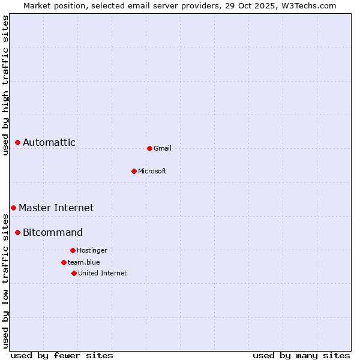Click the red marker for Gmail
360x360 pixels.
pyautogui.click(x=149, y=148)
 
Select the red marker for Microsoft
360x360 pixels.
pyautogui.click(x=134, y=171)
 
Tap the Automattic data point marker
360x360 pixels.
pyautogui.click(x=18, y=142)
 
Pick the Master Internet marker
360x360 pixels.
pyautogui.click(x=13, y=208)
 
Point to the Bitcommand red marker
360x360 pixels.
pyautogui.click(x=18, y=232)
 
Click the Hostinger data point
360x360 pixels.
pyautogui.click(x=73, y=250)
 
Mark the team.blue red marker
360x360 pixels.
pyautogui.click(x=64, y=262)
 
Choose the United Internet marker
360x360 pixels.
pyautogui.click(x=74, y=273)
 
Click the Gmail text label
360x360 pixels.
pyautogui.click(x=163, y=148)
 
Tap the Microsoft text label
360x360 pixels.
pyautogui.click(x=152, y=171)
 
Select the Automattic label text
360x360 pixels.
pyautogui.click(x=49, y=142)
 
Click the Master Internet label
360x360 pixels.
pyautogui.click(x=56, y=208)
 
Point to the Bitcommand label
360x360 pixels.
pyautogui.click(x=53, y=232)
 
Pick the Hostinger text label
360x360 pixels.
pyautogui.click(x=92, y=250)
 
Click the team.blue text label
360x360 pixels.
pyautogui.click(x=84, y=262)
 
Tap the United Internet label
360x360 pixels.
pyautogui.click(x=103, y=273)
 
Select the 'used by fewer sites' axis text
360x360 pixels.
pyautogui.click(x=62, y=355)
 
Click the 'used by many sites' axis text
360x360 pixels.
pyautogui.click(x=301, y=355)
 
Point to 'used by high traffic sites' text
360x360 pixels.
pyautogui.click(x=5, y=85)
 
